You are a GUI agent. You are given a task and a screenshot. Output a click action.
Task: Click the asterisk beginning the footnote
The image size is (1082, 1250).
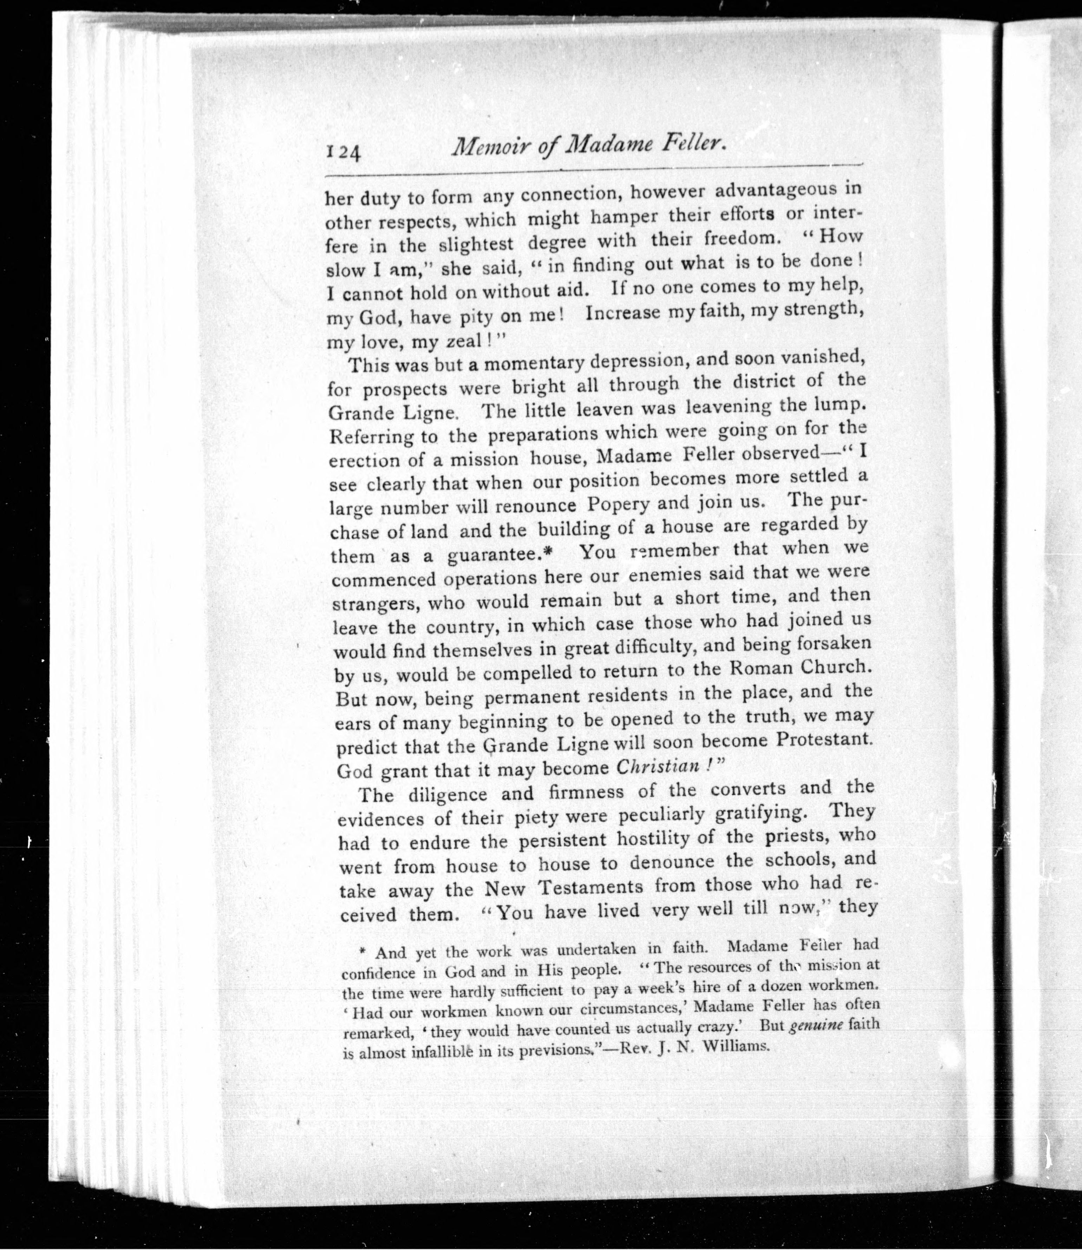(x=363, y=952)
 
